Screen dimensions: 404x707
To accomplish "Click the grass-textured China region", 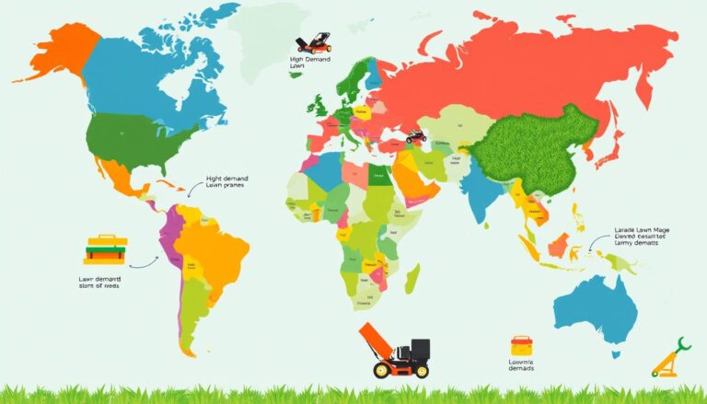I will coord(539,147).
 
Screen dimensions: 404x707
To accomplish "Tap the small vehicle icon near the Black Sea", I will coord(416,134).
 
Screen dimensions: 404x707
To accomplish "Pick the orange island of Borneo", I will coord(559,244).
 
